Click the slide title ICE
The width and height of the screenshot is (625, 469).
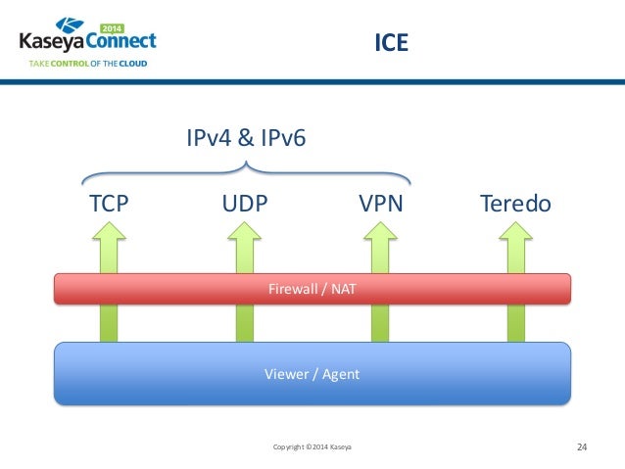click(x=392, y=44)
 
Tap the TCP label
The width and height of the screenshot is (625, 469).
click(x=110, y=205)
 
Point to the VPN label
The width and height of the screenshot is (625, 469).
click(x=380, y=205)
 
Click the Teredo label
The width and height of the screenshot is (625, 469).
click(x=515, y=205)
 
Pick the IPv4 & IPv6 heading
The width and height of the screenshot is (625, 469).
click(x=246, y=138)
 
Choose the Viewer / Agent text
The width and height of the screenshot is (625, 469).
click(x=312, y=373)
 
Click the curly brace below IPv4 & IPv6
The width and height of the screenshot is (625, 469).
click(x=246, y=170)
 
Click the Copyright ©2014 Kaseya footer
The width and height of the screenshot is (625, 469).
click(x=312, y=447)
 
